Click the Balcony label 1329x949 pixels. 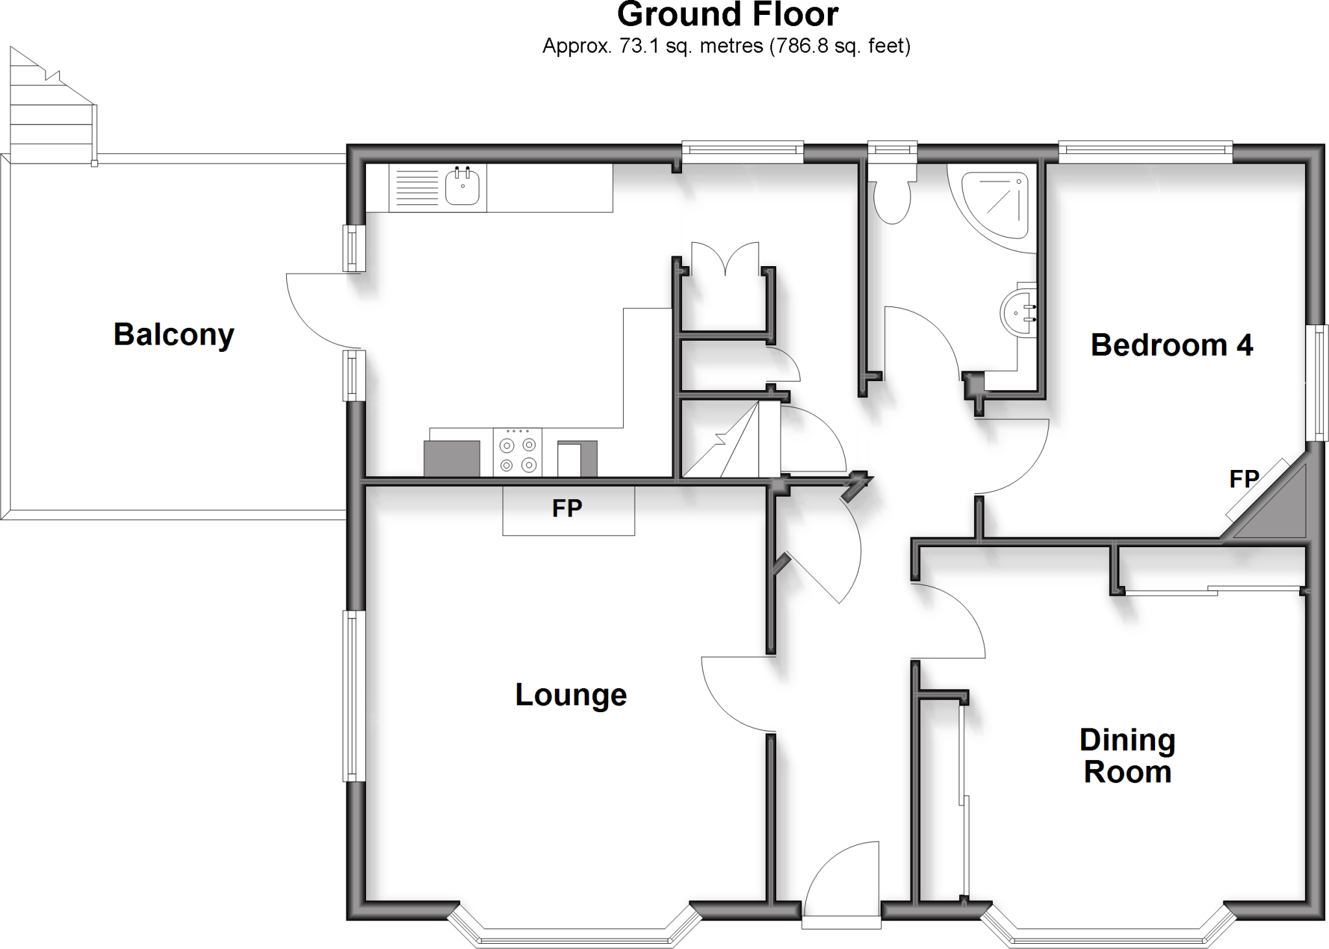(174, 335)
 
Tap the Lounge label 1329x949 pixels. (571, 695)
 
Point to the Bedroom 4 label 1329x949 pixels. (1171, 345)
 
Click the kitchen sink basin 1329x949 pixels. (463, 187)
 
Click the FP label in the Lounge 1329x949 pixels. (567, 508)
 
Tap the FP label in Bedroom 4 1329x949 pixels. (1244, 479)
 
